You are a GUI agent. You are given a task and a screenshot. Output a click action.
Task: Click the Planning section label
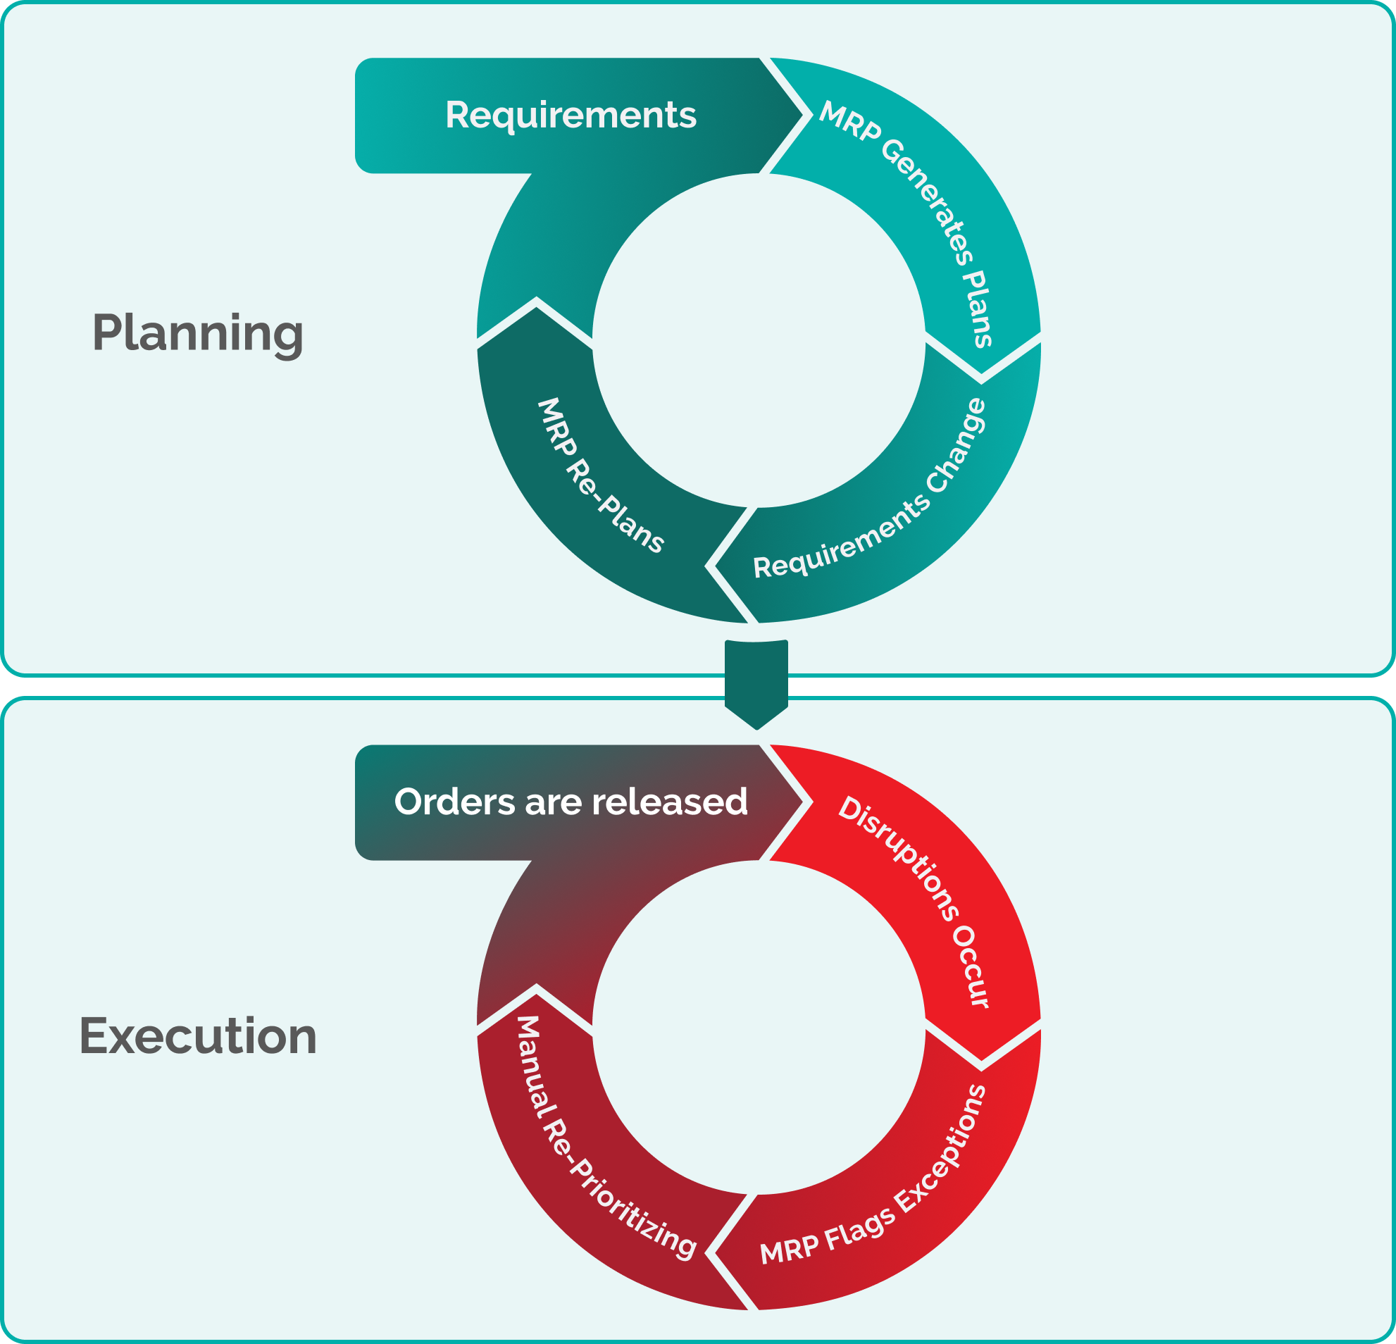pyautogui.click(x=198, y=332)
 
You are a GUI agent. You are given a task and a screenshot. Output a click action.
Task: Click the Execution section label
pyautogui.click(x=198, y=1035)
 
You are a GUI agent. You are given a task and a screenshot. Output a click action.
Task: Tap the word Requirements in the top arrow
pyautogui.click(x=571, y=116)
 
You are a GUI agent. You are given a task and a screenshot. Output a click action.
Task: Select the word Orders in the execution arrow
pyautogui.click(x=454, y=802)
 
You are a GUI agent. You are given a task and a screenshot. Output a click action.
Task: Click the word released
pyautogui.click(x=670, y=802)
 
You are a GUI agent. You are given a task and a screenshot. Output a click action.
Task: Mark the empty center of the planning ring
pyautogui.click(x=759, y=340)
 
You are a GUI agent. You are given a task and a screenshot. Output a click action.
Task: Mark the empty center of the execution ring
pyautogui.click(x=759, y=1027)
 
